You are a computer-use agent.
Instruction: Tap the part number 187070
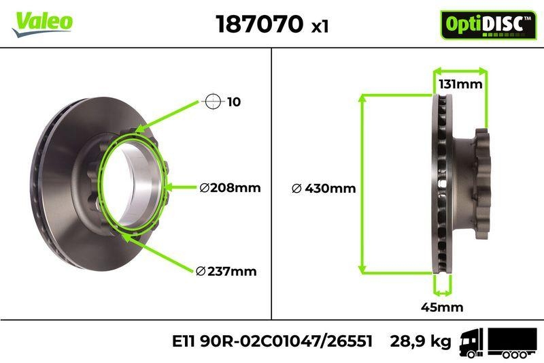(x=259, y=25)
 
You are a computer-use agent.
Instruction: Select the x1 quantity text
(x=320, y=27)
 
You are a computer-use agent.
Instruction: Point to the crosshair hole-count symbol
(x=213, y=102)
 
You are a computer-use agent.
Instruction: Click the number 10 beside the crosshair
(x=234, y=102)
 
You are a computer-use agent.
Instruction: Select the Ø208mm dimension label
(x=231, y=188)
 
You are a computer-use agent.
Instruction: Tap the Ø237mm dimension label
(x=226, y=271)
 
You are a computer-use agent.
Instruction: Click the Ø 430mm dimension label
(x=323, y=188)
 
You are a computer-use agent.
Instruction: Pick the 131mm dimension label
(x=460, y=84)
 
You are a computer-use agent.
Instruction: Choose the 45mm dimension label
(x=442, y=307)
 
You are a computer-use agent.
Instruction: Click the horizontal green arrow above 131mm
(x=460, y=70)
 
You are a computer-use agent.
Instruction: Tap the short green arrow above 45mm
(x=442, y=291)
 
